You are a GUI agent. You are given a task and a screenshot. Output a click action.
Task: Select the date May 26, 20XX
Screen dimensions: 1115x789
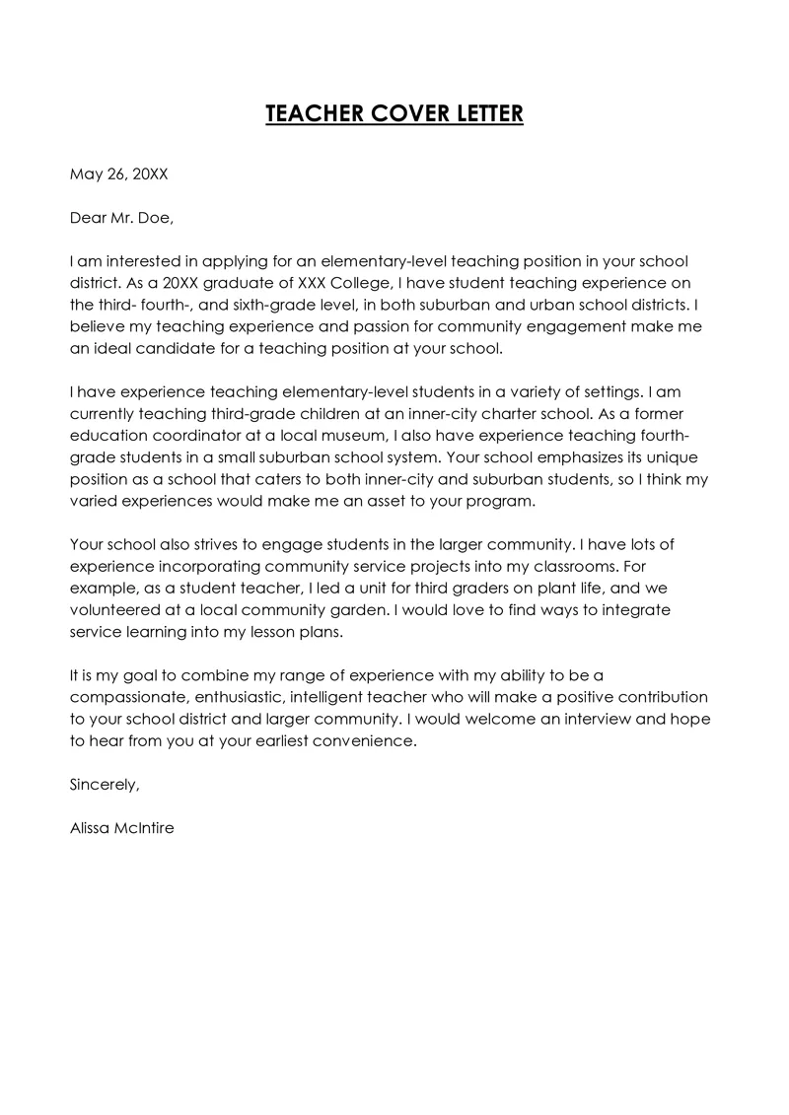[x=118, y=174]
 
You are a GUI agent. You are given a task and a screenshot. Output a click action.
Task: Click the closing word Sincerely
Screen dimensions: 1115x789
[x=105, y=785]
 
